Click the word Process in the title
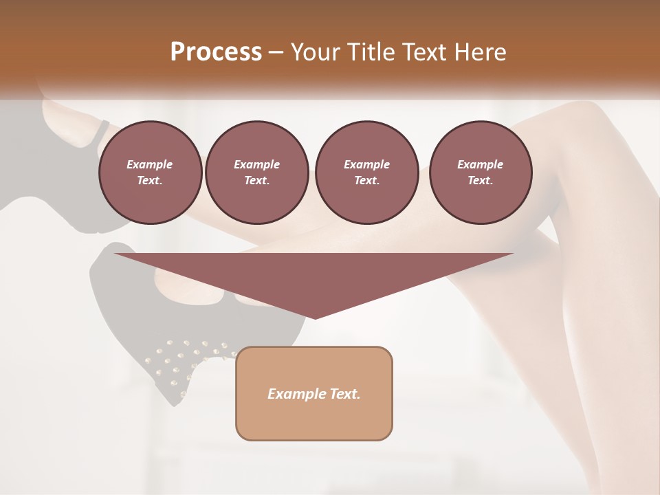point(216,52)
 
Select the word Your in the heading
point(313,52)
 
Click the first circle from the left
point(150,173)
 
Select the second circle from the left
point(256,173)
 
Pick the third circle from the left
point(366,173)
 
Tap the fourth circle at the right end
point(481,173)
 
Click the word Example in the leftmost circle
point(150,164)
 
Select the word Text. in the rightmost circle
point(481,181)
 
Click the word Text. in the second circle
point(256,181)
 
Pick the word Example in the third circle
point(366,164)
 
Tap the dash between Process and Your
point(276,52)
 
